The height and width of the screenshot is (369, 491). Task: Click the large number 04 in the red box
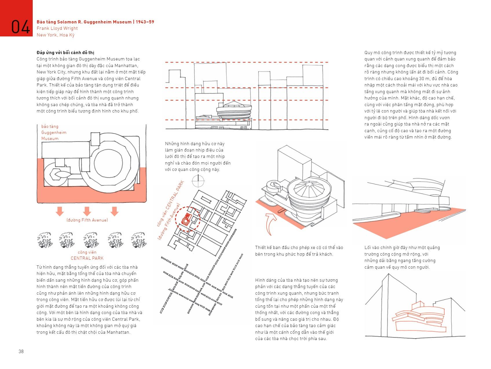pos(20,27)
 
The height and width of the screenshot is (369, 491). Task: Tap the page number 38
pos(21,351)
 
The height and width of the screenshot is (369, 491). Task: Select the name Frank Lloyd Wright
pos(57,28)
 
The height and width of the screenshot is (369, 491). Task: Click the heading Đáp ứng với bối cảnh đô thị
pos(65,52)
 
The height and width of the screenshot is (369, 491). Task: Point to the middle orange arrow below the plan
pos(87,211)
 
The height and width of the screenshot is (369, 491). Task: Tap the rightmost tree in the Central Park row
pos(139,240)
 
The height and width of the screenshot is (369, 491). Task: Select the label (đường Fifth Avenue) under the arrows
pos(87,220)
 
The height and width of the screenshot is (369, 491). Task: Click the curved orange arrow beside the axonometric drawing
pos(270,223)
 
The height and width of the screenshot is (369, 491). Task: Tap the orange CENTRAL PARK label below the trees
pos(87,258)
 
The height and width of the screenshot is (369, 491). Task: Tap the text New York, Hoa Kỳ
pos(56,35)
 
